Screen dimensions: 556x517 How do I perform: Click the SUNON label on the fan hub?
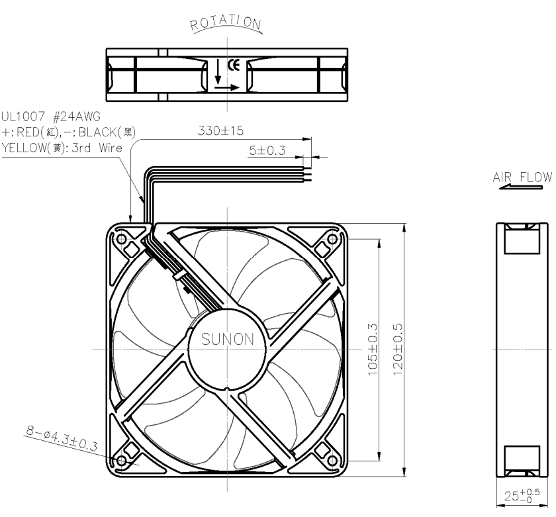[228, 340]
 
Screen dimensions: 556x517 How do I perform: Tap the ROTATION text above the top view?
[226, 23]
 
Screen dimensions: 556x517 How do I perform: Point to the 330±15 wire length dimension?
[220, 131]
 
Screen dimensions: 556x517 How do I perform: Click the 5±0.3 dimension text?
[267, 150]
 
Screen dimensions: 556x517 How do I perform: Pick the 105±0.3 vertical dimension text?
[372, 350]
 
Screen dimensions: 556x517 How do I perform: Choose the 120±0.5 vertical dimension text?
[398, 350]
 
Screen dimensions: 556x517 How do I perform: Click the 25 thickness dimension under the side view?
[522, 495]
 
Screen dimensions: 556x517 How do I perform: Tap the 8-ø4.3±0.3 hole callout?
[62, 438]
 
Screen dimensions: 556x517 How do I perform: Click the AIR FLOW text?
[523, 177]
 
